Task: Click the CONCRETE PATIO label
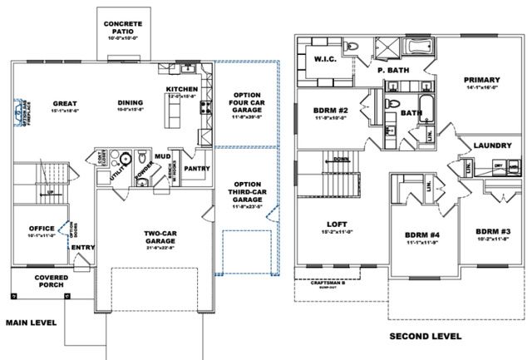tap(122, 23)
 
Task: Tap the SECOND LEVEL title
tap(426, 337)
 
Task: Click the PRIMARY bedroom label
tap(482, 81)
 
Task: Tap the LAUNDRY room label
tap(490, 145)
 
